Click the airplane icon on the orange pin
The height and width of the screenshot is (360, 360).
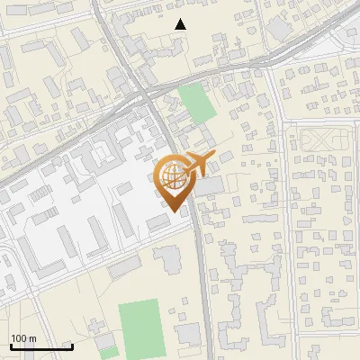click(193, 165)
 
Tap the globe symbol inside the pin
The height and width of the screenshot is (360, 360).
click(173, 177)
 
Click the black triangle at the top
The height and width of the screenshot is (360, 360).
click(181, 24)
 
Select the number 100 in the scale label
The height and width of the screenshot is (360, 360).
click(19, 338)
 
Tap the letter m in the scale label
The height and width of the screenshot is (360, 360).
click(32, 338)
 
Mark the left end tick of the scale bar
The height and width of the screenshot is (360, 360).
click(10, 346)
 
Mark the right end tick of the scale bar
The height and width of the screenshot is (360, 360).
click(71, 346)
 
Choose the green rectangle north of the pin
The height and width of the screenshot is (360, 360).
click(197, 103)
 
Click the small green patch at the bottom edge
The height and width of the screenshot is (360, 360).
click(108, 353)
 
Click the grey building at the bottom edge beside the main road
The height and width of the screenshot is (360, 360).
click(188, 335)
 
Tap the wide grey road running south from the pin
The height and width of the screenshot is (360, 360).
click(202, 270)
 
